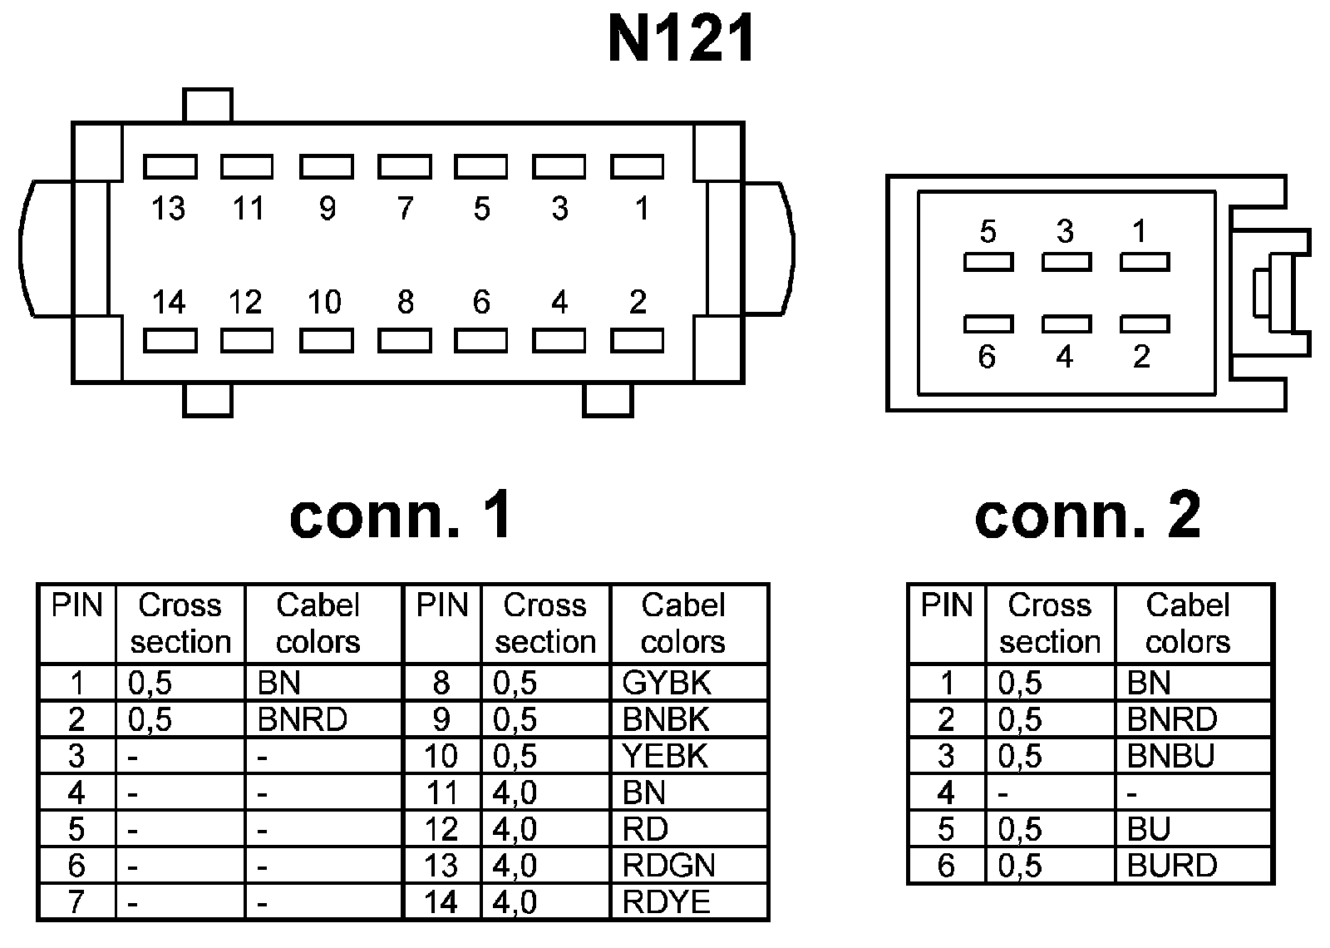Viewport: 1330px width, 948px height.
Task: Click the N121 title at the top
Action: pyautogui.click(x=681, y=38)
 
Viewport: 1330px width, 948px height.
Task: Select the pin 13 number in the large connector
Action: pyautogui.click(x=168, y=209)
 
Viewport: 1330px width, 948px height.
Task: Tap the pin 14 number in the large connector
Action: pyautogui.click(x=169, y=302)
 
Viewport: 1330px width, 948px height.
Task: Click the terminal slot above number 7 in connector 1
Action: pyautogui.click(x=404, y=167)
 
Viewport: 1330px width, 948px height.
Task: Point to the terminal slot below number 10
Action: pyautogui.click(x=327, y=341)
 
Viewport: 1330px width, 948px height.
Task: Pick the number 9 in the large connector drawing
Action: pyautogui.click(x=328, y=209)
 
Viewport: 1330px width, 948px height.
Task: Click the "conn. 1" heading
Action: pyautogui.click(x=400, y=515)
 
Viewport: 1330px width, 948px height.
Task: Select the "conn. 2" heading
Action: pyautogui.click(x=1088, y=515)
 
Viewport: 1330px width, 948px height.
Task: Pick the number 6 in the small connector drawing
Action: pyautogui.click(x=987, y=357)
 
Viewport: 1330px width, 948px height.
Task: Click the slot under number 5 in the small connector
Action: pyautogui.click(x=988, y=262)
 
